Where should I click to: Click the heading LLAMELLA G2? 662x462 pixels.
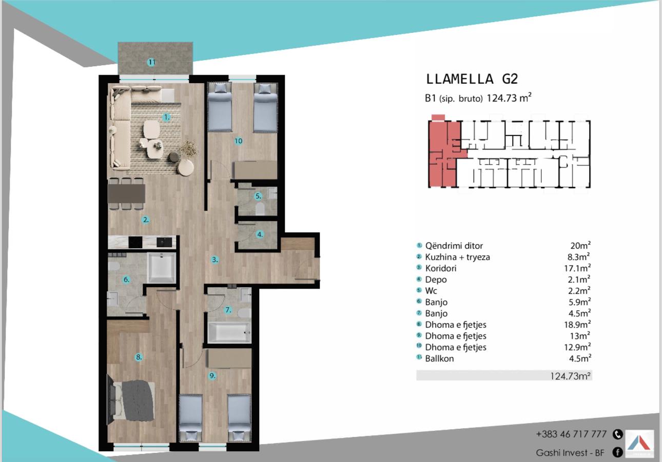coord(472,79)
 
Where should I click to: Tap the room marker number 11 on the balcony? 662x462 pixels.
coord(151,62)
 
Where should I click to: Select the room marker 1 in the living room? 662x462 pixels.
coord(166,117)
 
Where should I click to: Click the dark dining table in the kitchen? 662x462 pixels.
coord(126,193)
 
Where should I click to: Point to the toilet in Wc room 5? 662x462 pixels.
coord(260,208)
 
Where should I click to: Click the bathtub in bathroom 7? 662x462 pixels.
coord(229,332)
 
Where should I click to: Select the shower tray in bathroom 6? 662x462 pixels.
coord(161,268)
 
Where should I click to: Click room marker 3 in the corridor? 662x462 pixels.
coord(215,260)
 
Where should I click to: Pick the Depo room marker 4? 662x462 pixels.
coord(260,234)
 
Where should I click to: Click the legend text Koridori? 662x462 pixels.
coord(441,268)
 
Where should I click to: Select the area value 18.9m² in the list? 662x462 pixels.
coord(577,324)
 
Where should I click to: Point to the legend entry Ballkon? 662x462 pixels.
coord(439,358)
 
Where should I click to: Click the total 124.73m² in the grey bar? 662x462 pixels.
coord(570,376)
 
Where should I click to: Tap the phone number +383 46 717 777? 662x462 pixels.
coord(571,434)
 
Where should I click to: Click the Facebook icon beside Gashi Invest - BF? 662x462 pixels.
coord(618,452)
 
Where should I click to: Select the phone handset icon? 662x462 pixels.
coord(618,434)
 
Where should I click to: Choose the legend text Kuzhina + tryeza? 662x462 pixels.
coord(457,257)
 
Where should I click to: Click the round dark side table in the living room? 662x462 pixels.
coord(174,157)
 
